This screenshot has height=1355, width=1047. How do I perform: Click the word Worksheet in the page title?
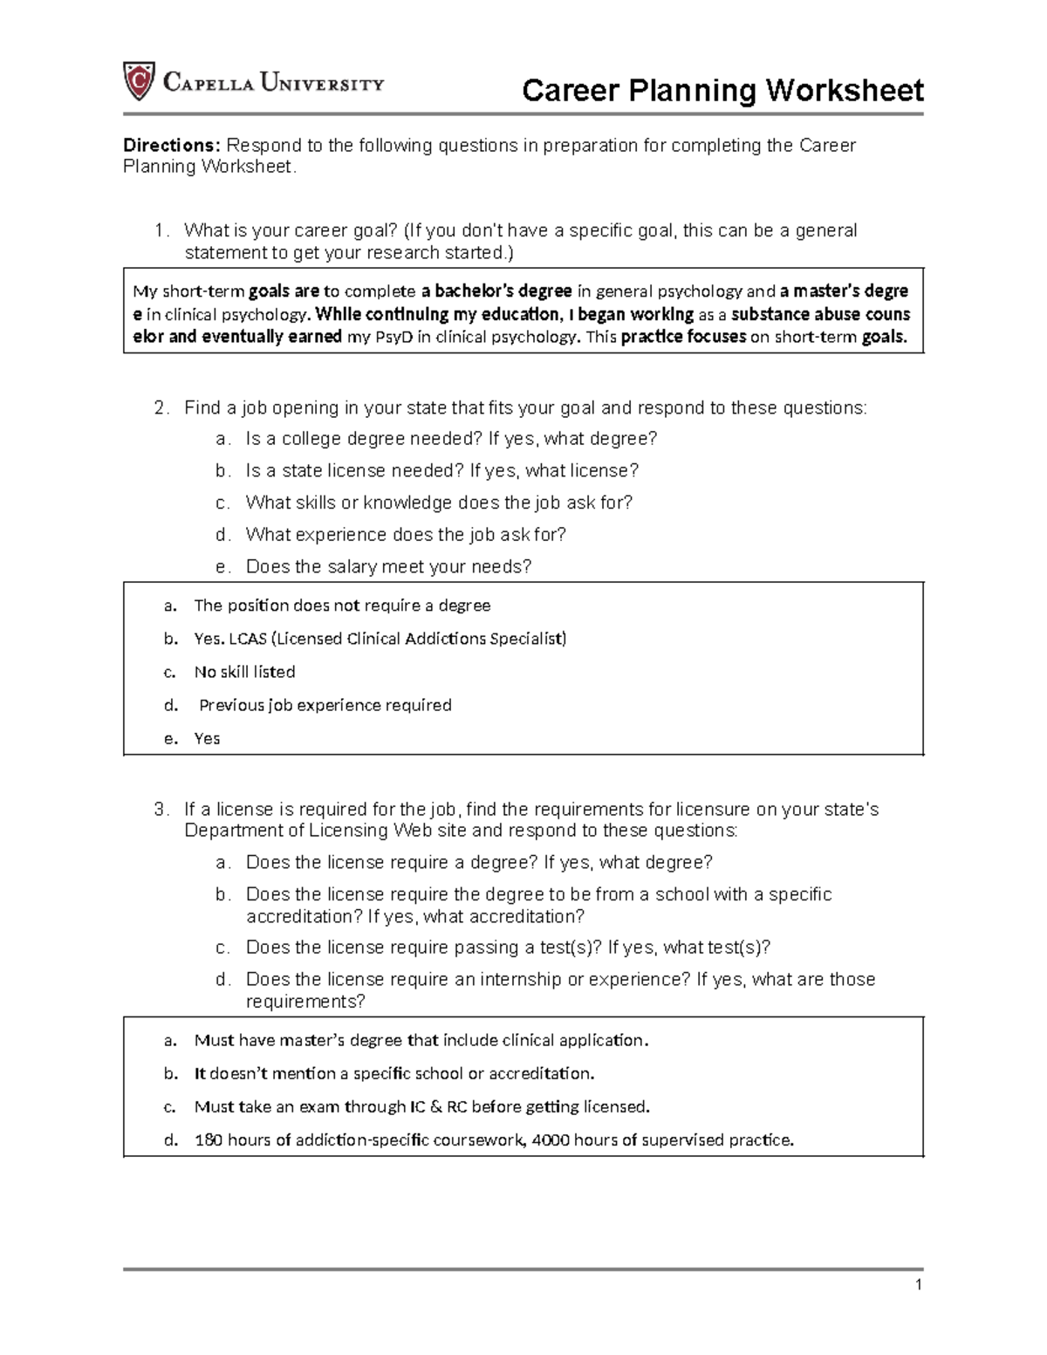point(845,90)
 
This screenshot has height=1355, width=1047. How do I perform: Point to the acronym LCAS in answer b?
point(248,639)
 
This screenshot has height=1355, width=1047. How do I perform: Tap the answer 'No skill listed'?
point(244,672)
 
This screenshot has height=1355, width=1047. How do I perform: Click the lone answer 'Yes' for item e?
point(207,738)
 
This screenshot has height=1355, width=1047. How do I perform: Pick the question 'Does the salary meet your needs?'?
point(388,566)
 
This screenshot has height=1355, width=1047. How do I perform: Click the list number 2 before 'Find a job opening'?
point(160,407)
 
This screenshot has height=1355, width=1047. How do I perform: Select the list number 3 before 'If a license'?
point(160,809)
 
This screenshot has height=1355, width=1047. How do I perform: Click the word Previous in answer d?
point(230,705)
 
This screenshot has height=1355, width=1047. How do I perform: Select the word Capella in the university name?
point(209,84)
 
